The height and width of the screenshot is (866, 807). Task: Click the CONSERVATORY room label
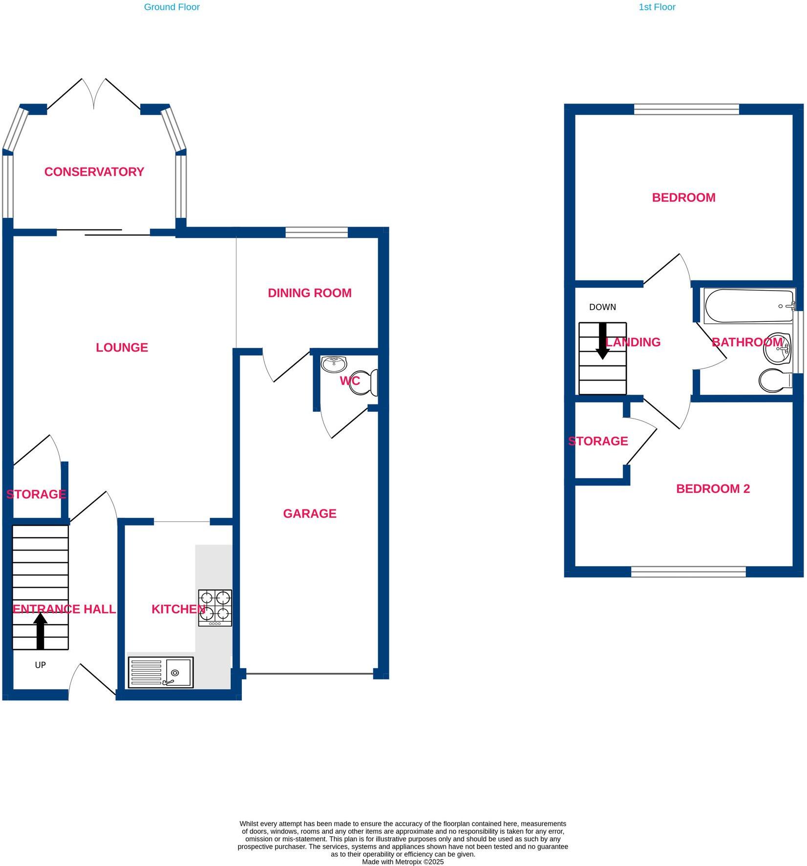94,172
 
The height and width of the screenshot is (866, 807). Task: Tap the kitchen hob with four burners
215,608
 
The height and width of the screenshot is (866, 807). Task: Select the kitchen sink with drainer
161,672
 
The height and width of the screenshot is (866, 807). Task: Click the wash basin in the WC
334,363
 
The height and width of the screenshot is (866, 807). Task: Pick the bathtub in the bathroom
749,306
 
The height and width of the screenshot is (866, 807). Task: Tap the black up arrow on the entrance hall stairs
40,631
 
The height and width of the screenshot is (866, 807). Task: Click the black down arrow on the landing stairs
603,341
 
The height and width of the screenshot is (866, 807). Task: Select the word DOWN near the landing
602,307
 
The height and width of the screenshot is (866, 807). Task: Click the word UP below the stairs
40,665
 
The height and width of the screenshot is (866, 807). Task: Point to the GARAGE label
310,513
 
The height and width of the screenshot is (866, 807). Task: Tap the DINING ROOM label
310,293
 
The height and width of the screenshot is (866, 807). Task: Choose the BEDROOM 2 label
713,489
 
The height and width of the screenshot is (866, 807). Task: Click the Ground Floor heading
171,7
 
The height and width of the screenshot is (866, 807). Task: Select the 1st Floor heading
657,7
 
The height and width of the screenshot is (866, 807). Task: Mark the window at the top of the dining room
317,232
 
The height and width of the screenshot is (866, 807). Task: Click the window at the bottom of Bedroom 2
688,571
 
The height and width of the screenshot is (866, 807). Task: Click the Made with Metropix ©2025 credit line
403,862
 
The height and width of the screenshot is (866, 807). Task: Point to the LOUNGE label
122,348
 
